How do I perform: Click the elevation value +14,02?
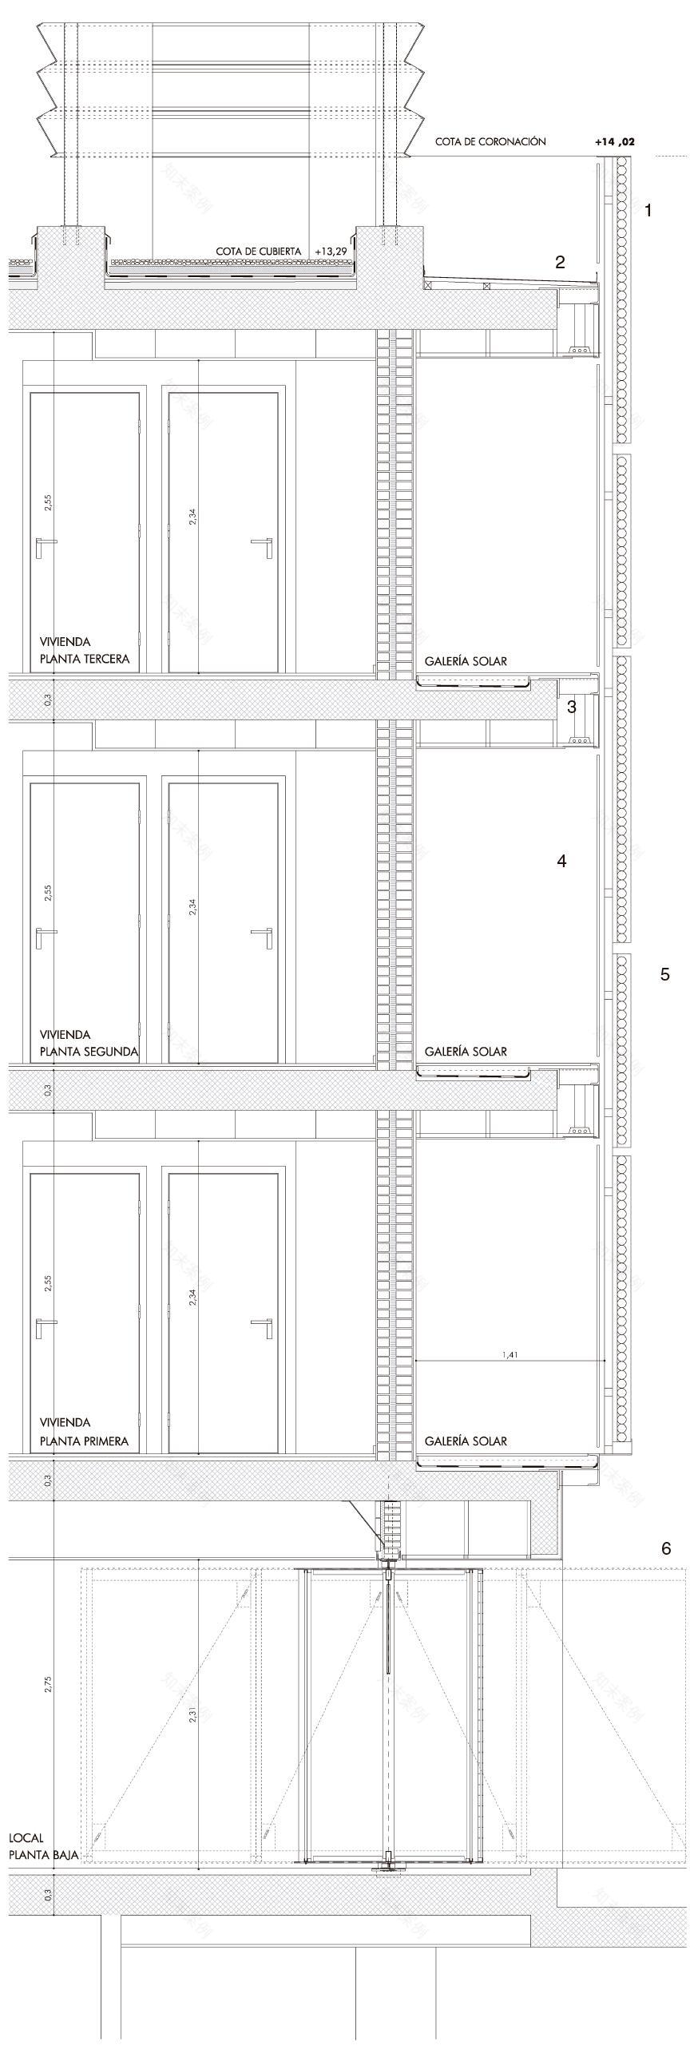click(614, 141)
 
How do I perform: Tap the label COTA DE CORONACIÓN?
click(490, 141)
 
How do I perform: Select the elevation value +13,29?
click(331, 251)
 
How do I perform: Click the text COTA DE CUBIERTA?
click(258, 251)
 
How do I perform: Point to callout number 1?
click(648, 211)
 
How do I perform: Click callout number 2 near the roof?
click(560, 262)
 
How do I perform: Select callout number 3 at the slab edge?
click(571, 706)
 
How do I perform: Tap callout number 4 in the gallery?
click(561, 861)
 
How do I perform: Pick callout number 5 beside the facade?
click(664, 974)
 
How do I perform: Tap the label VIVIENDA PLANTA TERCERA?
click(84, 650)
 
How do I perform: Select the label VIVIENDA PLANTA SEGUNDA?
click(89, 1043)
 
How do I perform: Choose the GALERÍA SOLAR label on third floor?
click(466, 661)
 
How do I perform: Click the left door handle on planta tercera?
click(45, 544)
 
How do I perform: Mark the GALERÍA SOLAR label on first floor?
click(466, 1441)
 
